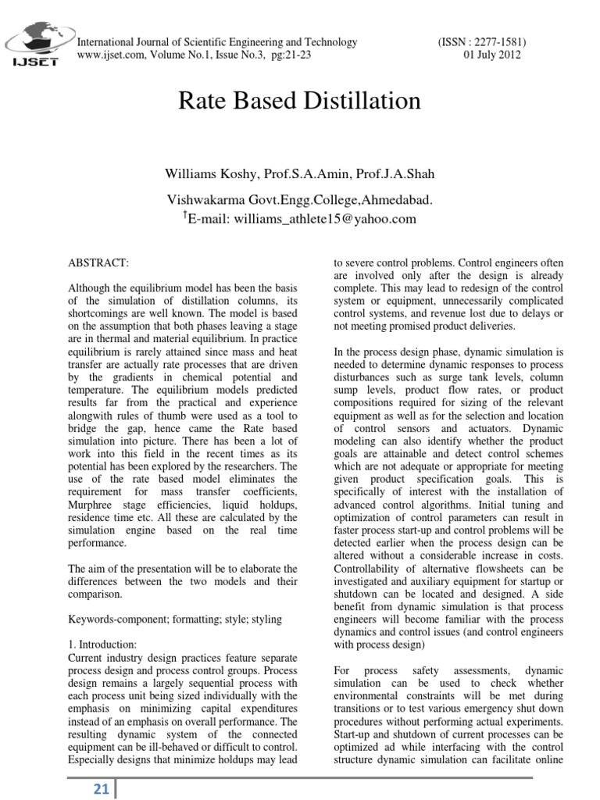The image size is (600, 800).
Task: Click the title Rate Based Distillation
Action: click(300, 101)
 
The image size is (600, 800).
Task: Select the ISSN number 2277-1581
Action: click(496, 42)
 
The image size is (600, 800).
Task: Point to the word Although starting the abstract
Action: click(93, 288)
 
